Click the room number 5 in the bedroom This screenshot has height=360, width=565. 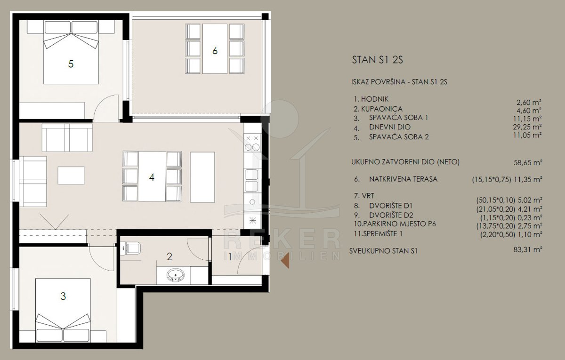click(x=71, y=64)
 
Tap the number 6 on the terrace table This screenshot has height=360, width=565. click(x=215, y=51)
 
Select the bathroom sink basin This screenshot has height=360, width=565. click(x=175, y=275)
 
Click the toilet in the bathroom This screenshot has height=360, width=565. click(x=130, y=248)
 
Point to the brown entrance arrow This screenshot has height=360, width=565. click(x=285, y=261)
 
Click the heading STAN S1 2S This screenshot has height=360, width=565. click(x=377, y=60)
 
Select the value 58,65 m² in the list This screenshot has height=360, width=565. click(x=528, y=163)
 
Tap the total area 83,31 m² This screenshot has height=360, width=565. click(x=528, y=249)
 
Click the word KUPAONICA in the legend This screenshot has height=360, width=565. click(x=382, y=109)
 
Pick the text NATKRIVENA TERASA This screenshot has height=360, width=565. click(x=403, y=179)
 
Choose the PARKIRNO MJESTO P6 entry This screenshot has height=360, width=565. click(x=395, y=224)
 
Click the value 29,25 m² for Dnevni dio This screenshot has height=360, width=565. click(x=527, y=127)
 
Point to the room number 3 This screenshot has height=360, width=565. click(x=63, y=296)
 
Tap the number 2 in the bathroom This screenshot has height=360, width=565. click(x=169, y=256)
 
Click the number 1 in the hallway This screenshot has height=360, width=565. click(x=230, y=257)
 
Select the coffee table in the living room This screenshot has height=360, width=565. click(x=71, y=175)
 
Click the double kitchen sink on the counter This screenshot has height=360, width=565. click(x=251, y=180)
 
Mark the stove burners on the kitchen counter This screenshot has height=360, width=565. click(x=252, y=143)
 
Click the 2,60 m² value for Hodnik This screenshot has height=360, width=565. click(x=529, y=103)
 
